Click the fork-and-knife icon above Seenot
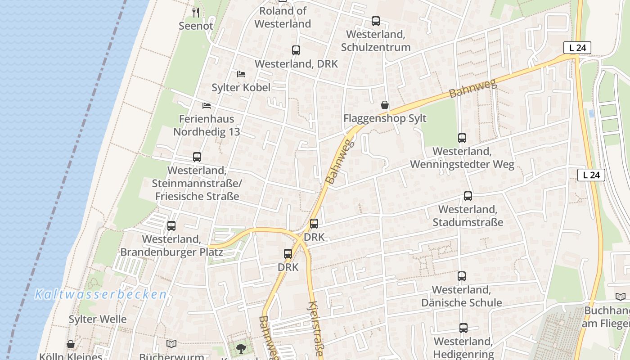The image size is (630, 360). click(196, 12)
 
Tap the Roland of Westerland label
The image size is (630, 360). click(283, 17)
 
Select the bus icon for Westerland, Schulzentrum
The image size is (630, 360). click(375, 21)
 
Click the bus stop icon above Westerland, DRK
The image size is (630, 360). click(296, 50)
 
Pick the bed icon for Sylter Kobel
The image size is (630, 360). click(241, 74)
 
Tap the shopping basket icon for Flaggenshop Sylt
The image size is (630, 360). click(385, 105)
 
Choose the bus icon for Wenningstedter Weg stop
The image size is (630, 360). click(462, 138)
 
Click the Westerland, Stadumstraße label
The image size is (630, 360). click(468, 216)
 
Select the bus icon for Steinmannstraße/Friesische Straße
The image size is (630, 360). click(197, 157)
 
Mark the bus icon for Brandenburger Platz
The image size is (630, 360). click(171, 226)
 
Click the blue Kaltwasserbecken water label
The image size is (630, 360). click(101, 295)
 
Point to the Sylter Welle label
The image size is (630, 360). click(98, 319)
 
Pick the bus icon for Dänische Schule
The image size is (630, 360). click(462, 276)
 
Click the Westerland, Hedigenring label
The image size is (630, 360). click(463, 348)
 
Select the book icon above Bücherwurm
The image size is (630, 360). click(171, 344)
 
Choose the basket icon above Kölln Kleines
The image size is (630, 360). click(71, 345)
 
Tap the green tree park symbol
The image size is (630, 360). click(241, 348)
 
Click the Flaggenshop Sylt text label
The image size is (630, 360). click(385, 118)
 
